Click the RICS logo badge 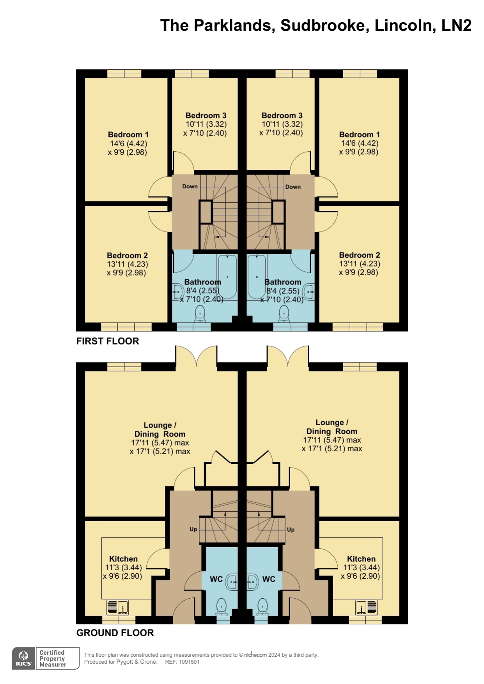24,658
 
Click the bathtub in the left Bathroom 227,277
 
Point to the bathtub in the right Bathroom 257,277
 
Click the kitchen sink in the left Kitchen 117,607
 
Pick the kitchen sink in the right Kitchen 367,607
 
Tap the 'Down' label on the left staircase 190,186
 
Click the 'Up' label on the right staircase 291,530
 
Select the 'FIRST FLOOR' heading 108,341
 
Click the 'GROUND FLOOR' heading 115,633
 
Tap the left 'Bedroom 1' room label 128,134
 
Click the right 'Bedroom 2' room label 360,255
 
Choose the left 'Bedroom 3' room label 206,115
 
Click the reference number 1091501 189,662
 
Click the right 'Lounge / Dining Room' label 332,427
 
